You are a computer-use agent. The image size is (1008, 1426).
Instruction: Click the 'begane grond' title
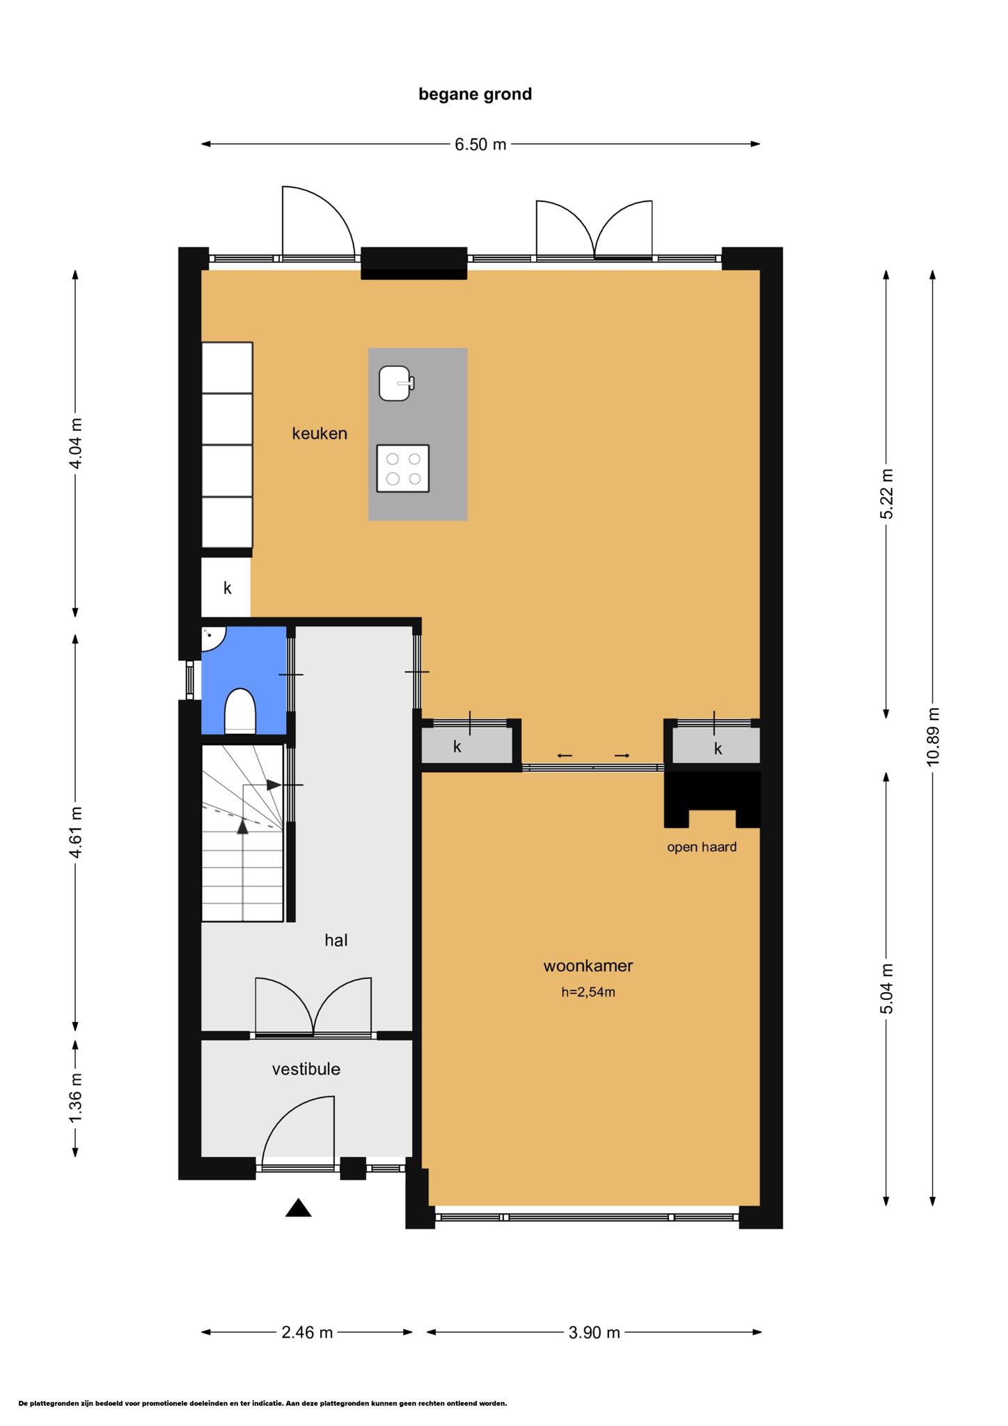point(475,94)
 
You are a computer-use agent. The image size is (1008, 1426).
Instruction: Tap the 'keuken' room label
point(320,433)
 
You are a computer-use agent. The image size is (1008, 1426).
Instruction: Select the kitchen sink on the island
point(396,384)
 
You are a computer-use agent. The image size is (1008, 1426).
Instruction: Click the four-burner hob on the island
point(402,469)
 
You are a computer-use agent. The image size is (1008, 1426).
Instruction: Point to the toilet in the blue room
point(240,711)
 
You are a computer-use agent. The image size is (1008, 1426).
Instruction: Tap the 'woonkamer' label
point(588,966)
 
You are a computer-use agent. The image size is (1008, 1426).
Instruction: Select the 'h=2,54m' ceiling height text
point(588,992)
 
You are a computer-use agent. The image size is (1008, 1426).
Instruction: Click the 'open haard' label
point(702,847)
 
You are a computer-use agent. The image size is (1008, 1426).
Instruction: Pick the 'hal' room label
point(336,941)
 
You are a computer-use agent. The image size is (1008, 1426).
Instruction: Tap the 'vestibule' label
point(306,1069)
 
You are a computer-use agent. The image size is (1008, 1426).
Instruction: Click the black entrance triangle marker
point(298,1207)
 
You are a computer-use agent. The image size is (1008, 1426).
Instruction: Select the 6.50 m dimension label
point(480,145)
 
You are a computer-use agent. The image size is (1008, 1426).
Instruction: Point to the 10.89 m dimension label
point(933,737)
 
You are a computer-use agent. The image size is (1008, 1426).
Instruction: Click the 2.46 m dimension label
point(307,1333)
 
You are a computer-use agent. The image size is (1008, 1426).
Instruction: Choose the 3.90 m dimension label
point(594,1333)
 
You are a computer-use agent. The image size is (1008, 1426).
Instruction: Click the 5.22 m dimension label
point(886,494)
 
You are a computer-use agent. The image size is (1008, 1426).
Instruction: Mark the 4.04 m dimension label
point(76,444)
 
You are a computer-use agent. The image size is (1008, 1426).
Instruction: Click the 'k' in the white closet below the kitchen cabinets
point(227,588)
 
